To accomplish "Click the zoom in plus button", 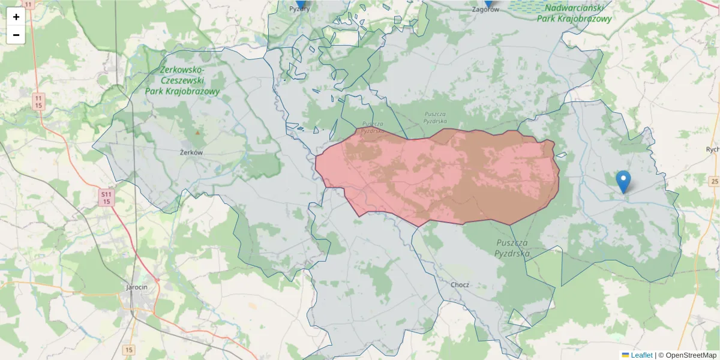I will pos(16,17).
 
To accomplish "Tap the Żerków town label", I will pos(191,152).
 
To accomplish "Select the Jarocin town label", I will pos(137,287).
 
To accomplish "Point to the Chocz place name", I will pos(460,284).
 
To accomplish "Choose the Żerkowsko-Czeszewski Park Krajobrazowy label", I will pos(182,81).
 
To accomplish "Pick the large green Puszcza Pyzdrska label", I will pos(512,248).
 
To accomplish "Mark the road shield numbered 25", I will pos(714,181).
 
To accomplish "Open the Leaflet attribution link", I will pos(641,355).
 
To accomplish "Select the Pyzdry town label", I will pos(299,9).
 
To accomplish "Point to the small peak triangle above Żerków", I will pos(197,132).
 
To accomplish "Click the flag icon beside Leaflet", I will pos(625,355).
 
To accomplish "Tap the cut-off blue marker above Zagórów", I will pos(488,3).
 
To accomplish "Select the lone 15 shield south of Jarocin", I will pos(129,349).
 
